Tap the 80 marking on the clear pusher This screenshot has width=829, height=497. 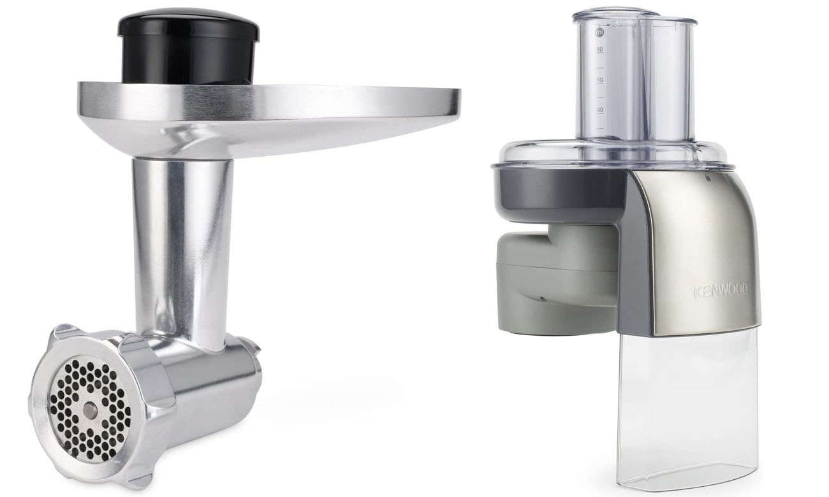(599, 50)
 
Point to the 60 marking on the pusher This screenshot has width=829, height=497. (600, 80)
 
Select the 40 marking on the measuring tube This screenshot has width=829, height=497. (600, 110)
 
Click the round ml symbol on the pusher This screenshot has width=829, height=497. (599, 32)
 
